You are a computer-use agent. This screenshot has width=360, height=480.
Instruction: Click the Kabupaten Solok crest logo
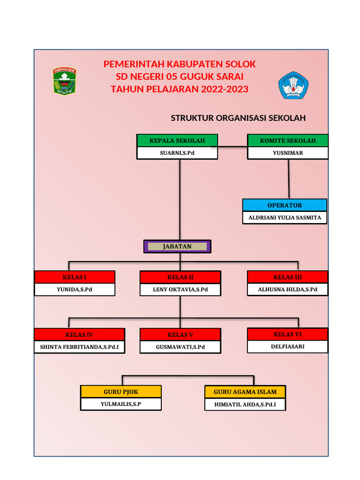pyautogui.click(x=64, y=81)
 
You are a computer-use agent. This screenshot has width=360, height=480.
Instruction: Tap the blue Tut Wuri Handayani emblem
pyautogui.click(x=293, y=85)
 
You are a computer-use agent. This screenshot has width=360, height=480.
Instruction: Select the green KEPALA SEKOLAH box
pyautogui.click(x=177, y=141)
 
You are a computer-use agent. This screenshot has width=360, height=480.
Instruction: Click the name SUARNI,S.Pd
pyautogui.click(x=177, y=153)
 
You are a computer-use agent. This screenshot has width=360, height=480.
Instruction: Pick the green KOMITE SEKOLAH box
pyautogui.click(x=288, y=141)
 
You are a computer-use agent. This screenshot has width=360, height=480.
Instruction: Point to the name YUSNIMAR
pyautogui.click(x=288, y=153)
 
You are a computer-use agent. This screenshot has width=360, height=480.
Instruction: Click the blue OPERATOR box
pyautogui.click(x=285, y=205)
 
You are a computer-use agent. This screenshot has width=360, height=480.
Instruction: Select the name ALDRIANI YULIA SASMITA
pyautogui.click(x=285, y=217)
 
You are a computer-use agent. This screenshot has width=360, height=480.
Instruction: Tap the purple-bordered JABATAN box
pyautogui.click(x=177, y=247)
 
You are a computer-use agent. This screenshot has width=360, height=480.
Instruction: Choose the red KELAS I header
pyautogui.click(x=75, y=277)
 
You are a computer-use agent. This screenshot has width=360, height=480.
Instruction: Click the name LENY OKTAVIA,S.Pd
pyautogui.click(x=180, y=290)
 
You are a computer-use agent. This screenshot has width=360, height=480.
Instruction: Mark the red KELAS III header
pyautogui.click(x=288, y=277)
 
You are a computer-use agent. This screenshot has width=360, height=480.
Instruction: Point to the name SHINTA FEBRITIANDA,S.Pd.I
pyautogui.click(x=79, y=347)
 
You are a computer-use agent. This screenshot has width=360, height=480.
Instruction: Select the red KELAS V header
pyautogui.click(x=180, y=335)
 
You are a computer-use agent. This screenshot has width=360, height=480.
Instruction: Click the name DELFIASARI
pyautogui.click(x=288, y=347)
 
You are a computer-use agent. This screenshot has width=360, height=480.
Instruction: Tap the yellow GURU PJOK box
pyautogui.click(x=121, y=392)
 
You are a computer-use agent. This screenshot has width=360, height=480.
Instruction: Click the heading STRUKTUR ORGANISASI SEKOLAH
pyautogui.click(x=238, y=118)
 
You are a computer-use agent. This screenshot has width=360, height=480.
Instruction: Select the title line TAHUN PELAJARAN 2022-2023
pyautogui.click(x=180, y=89)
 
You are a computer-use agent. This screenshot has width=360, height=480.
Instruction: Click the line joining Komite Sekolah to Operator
pyautogui.click(x=289, y=179)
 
